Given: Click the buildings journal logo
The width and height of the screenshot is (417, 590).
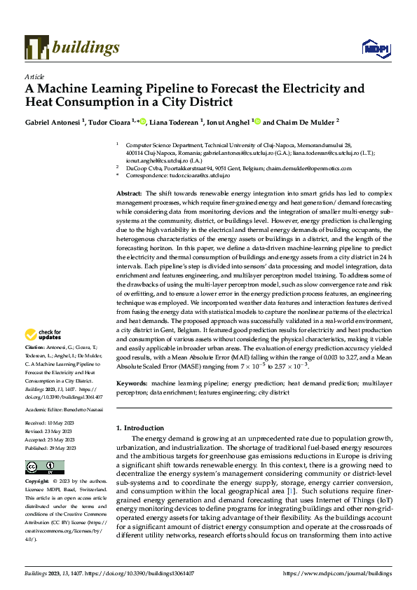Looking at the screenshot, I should click(x=72, y=47).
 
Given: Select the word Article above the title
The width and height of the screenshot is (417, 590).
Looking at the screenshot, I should click(x=34, y=76).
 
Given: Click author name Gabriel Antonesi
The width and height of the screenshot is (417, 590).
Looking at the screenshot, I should click(x=53, y=121).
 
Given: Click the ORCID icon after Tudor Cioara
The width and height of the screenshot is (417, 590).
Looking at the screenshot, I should click(x=144, y=121).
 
